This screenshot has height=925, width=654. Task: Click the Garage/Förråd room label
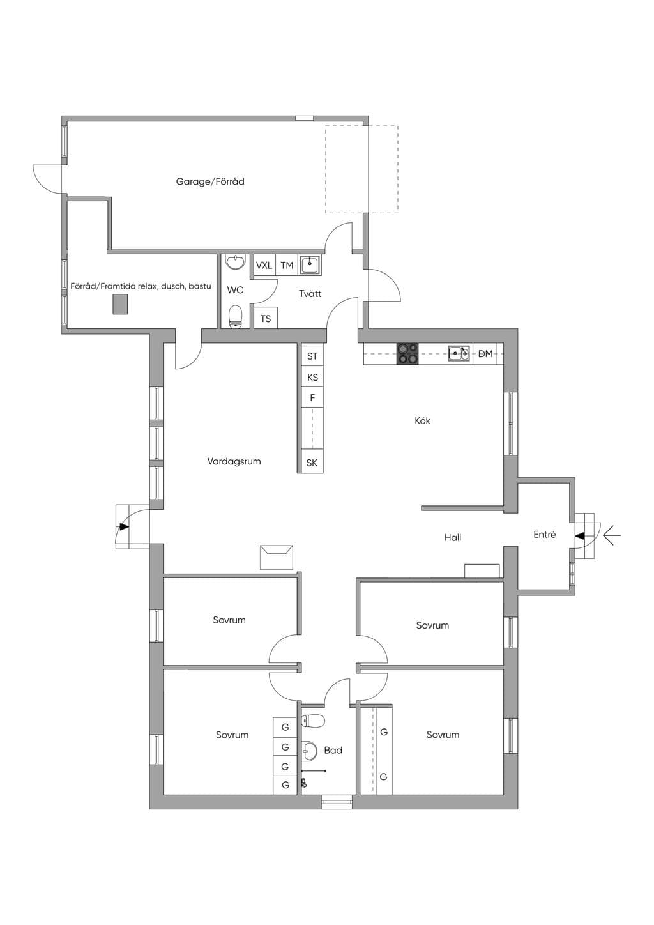(x=209, y=181)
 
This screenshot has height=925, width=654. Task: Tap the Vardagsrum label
(x=234, y=462)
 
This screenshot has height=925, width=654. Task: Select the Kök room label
(x=422, y=421)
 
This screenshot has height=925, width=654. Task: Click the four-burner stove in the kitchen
(x=407, y=354)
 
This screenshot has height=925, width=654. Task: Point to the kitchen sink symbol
(x=459, y=353)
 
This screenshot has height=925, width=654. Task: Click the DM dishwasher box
(x=485, y=354)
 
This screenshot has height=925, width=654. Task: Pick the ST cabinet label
(x=312, y=356)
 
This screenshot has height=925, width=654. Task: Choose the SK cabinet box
(x=312, y=462)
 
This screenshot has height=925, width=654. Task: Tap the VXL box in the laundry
(x=264, y=266)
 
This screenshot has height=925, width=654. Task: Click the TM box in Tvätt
(x=287, y=266)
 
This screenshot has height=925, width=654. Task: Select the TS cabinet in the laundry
(x=266, y=318)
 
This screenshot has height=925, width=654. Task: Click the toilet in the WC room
(x=235, y=317)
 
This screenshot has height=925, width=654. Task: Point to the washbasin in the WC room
(x=235, y=262)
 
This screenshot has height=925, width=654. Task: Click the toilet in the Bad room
(x=313, y=721)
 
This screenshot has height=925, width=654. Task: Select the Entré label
(x=545, y=535)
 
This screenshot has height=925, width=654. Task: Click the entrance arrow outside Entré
(x=612, y=536)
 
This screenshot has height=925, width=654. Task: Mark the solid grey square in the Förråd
(x=119, y=304)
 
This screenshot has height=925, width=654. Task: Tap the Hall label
(x=453, y=538)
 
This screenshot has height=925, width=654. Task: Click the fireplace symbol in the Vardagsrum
(x=276, y=558)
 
